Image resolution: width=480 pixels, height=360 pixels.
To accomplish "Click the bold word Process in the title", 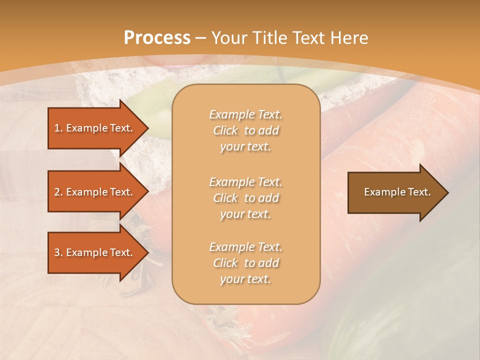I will (x=157, y=38).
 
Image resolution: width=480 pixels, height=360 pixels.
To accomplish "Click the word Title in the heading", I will (x=270, y=38).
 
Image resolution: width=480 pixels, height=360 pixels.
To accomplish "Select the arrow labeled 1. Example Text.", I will (x=95, y=128).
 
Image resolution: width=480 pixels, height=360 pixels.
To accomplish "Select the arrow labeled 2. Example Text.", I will (x=95, y=192).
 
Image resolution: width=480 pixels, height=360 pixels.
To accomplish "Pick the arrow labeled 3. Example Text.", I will (x=95, y=252).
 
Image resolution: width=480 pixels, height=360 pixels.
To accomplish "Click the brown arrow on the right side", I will (x=395, y=192).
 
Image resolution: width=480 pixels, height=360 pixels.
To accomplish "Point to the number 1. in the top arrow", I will (x=58, y=128).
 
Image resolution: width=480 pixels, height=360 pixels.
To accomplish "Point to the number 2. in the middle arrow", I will (x=58, y=192).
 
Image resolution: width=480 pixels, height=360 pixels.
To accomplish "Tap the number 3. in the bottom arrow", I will (x=58, y=252).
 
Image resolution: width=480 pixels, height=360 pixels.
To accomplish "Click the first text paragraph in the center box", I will (x=245, y=130).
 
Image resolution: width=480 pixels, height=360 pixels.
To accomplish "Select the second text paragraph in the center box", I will (x=245, y=198).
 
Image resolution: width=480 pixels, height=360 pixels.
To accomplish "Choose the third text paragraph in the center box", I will (x=245, y=263).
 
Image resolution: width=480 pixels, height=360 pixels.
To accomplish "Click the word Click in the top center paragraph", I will (x=225, y=130).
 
